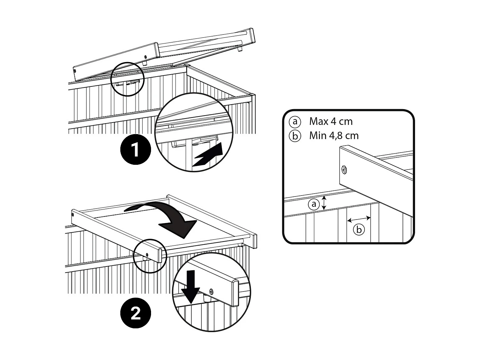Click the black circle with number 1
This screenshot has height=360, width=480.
(x=135, y=150)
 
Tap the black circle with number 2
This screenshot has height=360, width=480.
(x=135, y=313)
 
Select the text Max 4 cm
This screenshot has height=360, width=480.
(x=331, y=122)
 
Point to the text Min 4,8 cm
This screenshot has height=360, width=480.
(x=334, y=136)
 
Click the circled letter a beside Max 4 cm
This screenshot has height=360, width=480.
(x=295, y=122)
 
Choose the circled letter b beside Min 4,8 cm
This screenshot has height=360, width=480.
(x=295, y=136)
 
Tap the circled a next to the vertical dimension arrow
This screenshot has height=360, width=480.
(x=314, y=204)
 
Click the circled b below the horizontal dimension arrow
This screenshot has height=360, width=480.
(x=359, y=229)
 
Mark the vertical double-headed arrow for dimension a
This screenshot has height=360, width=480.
(x=324, y=203)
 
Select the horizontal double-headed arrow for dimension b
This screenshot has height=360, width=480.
(x=359, y=219)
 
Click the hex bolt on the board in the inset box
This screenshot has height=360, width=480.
(x=344, y=170)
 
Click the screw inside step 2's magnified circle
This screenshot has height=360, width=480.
(x=211, y=291)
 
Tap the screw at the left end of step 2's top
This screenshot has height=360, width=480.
(x=73, y=214)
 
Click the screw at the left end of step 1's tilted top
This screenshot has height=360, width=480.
(x=75, y=71)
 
